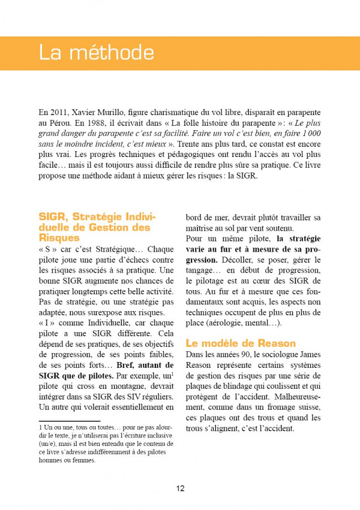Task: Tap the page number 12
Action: [180, 488]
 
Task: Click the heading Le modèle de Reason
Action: [241, 343]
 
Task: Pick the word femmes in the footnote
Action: [83, 461]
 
